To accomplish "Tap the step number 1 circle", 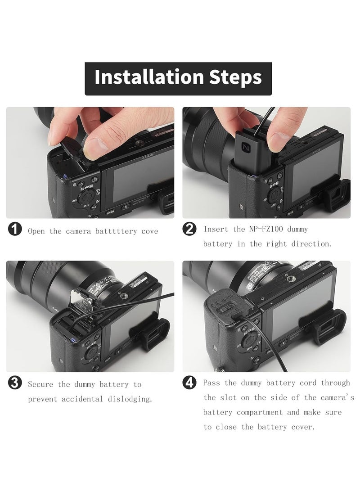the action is [x=15, y=229].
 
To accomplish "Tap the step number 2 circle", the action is [x=189, y=229].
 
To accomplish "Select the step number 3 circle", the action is [x=15, y=383].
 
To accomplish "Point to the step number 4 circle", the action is [x=189, y=383].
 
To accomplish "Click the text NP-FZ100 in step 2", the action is [x=266, y=229].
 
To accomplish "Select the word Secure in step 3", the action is [x=40, y=384].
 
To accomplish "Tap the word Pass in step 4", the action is [x=211, y=383].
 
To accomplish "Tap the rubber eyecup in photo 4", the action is [x=323, y=326].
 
